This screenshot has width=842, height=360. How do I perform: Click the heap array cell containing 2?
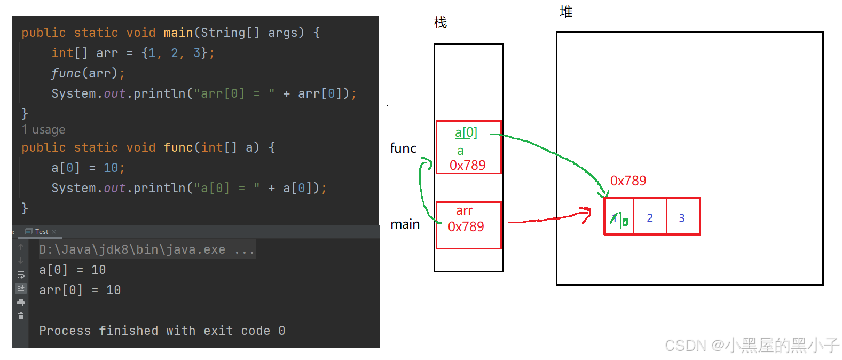coord(650,217)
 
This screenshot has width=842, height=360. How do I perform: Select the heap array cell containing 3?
coord(682,217)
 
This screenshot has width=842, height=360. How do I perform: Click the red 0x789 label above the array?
coord(628,181)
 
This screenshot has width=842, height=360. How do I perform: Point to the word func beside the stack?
coord(403,148)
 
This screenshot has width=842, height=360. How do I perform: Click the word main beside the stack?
coord(405,224)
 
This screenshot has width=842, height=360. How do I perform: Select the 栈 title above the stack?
coord(440,22)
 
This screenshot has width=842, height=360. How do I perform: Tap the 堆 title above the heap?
coord(566,12)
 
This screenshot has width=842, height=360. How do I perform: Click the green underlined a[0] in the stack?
coord(466,132)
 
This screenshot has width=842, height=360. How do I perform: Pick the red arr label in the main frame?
coord(464,210)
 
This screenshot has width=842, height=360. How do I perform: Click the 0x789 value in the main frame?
coord(466,226)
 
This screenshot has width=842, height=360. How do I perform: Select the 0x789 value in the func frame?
coord(467,165)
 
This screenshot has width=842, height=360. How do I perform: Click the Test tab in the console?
coord(41,232)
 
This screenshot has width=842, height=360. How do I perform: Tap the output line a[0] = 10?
coord(72,270)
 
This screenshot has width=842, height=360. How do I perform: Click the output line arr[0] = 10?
coord(80,290)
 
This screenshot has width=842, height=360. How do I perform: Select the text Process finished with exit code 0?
coord(162,331)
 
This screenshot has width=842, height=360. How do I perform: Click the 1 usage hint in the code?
coord(43,130)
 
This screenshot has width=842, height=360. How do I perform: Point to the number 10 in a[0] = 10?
coord(111,168)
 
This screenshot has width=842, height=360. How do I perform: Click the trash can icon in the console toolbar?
coord(21,316)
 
